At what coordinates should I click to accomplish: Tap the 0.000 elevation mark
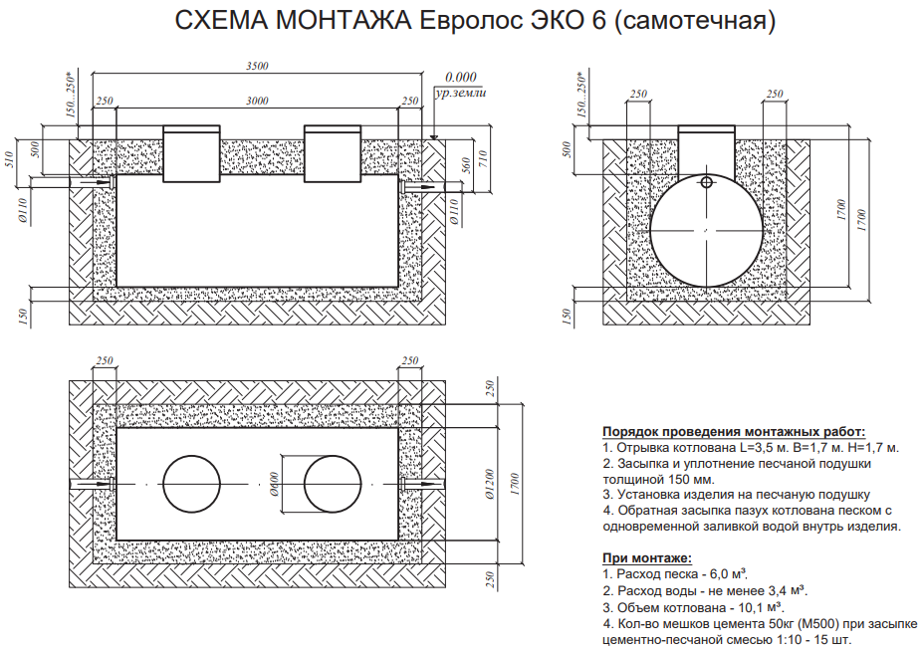tap(461, 77)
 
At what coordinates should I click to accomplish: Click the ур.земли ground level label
tap(460, 92)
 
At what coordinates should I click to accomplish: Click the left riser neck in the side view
tap(192, 155)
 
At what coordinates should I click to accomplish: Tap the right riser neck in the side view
tap(332, 155)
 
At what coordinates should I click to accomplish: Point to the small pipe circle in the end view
tap(706, 182)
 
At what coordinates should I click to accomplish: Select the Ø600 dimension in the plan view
tap(273, 483)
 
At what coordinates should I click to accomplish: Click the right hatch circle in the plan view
tap(332, 484)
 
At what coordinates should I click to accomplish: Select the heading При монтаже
tap(646, 558)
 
